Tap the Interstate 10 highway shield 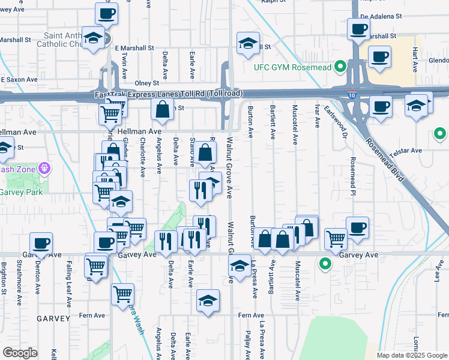(x=352, y=94)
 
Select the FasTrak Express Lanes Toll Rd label (x=168, y=94)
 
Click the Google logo (x=19, y=353)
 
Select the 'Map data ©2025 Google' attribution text (x=411, y=355)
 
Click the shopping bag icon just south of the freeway (x=163, y=109)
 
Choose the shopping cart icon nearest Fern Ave (x=122, y=294)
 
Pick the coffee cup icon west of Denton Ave (x=41, y=243)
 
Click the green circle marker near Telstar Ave (x=440, y=134)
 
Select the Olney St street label (x=146, y=83)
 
